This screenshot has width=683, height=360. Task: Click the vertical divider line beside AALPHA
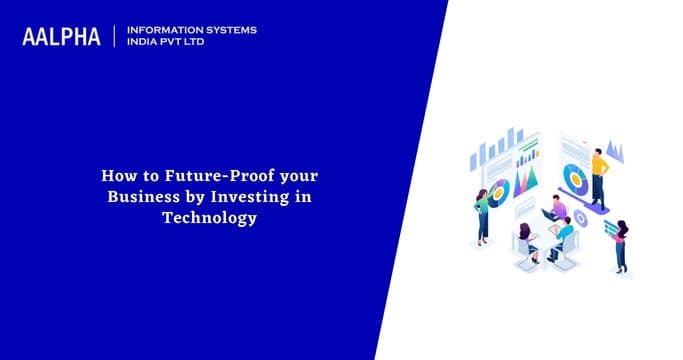coord(116,36)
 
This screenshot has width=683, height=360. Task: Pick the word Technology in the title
coord(209,217)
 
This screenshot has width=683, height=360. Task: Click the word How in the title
coord(118,175)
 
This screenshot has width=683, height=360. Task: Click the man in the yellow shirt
coord(598,175)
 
